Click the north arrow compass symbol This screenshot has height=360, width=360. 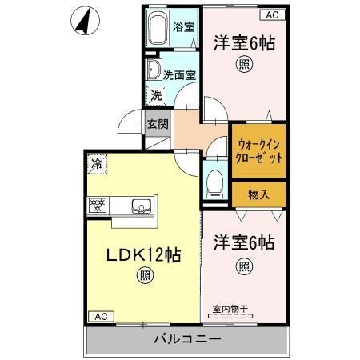pyautogui.click(x=82, y=22)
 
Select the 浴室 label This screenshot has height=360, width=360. pyautogui.click(x=184, y=26)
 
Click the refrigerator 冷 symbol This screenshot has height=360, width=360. pyautogui.click(x=97, y=163)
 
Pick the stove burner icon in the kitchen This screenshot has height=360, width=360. pyautogui.click(x=98, y=205)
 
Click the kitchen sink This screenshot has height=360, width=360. pyautogui.click(x=142, y=206)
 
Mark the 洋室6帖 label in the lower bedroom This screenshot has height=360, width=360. pyautogui.click(x=245, y=242)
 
